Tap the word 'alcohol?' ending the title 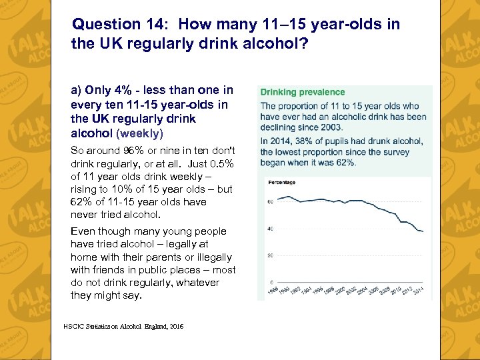point(276,44)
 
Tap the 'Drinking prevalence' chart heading point(303,92)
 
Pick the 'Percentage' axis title point(282,182)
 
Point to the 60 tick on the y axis point(270,201)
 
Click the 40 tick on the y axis point(270,229)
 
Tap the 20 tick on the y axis point(270,255)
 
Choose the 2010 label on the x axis point(396,291)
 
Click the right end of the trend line point(423,231)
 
